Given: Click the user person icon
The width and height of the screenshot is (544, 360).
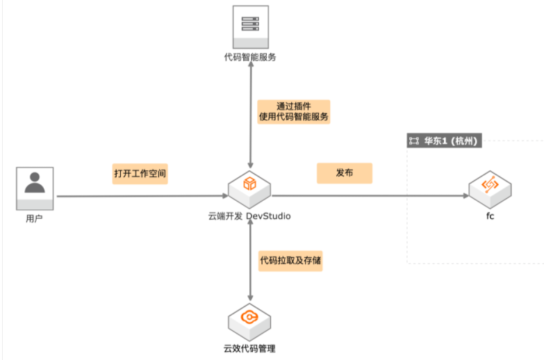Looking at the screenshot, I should pyautogui.click(x=35, y=186).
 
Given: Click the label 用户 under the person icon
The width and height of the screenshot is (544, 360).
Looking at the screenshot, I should pyautogui.click(x=35, y=218).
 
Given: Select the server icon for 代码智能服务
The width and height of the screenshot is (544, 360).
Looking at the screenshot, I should pyautogui.click(x=249, y=26).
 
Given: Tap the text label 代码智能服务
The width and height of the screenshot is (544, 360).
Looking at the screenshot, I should pyautogui.click(x=249, y=57).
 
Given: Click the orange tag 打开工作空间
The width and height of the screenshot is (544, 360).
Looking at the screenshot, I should pyautogui.click(x=140, y=172).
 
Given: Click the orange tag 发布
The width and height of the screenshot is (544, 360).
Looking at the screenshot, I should pyautogui.click(x=344, y=172).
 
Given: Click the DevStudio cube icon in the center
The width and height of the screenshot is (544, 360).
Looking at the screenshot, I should pyautogui.click(x=249, y=186).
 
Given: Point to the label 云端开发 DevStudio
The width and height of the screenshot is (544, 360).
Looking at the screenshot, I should pyautogui.click(x=249, y=217).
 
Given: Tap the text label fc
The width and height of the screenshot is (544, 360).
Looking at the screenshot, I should pyautogui.click(x=490, y=216).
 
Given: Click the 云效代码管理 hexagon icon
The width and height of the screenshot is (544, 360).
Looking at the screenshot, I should pyautogui.click(x=249, y=320).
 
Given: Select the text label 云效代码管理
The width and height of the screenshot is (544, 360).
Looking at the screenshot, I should pyautogui.click(x=249, y=349).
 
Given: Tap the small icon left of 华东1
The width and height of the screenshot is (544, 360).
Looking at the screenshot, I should pyautogui.click(x=414, y=141).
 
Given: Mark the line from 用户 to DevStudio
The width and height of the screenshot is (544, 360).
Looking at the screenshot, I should pyautogui.click(x=139, y=195).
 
